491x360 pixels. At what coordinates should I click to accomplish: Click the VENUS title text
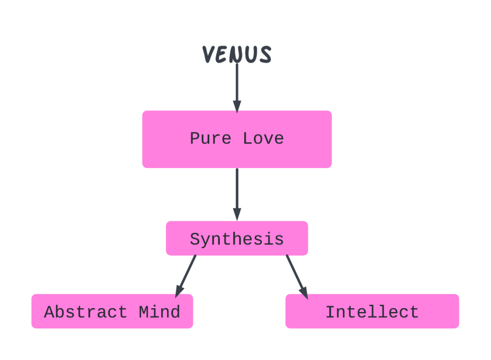(237, 54)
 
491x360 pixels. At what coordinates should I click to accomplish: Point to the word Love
(263, 139)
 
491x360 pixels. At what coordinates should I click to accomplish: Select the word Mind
(159, 312)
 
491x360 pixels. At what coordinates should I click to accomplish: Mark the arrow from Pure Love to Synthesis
(237, 192)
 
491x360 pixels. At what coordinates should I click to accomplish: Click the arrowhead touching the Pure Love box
(237, 106)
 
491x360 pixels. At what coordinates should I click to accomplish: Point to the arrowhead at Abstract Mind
(179, 290)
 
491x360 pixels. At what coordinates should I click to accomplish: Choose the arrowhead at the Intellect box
(303, 291)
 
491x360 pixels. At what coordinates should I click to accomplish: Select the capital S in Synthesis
(195, 239)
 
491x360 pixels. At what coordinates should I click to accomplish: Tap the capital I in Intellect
(330, 312)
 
